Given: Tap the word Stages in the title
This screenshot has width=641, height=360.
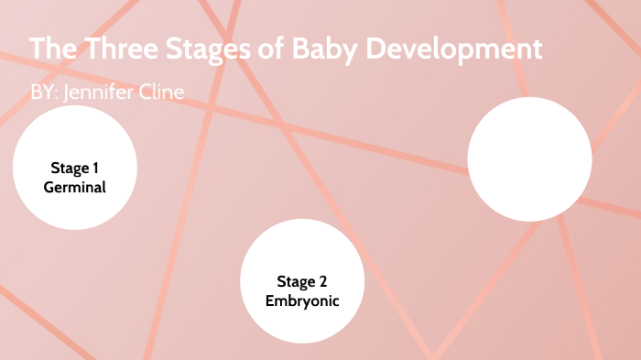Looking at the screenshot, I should pos(209,49).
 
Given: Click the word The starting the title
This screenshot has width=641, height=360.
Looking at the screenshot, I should pos(51,49).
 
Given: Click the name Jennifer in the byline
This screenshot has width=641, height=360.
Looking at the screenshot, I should pos(103,93).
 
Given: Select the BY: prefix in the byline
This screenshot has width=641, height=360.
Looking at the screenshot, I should pos(45,93).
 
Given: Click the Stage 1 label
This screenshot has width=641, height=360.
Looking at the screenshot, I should pos(75,169).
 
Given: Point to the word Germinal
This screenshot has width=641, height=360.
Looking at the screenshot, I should pos(75,187).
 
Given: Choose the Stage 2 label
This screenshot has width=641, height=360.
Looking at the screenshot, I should pos(302,281).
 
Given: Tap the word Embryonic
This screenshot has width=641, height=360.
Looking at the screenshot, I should pos(302,300).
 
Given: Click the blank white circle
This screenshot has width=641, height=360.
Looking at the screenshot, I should pos(529,158).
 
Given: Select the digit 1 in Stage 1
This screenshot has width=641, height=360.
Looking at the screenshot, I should pos(94,169).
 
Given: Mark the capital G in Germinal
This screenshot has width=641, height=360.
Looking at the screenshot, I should pos(49,187).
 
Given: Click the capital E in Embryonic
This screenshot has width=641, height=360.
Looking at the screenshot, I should pos(270,300).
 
